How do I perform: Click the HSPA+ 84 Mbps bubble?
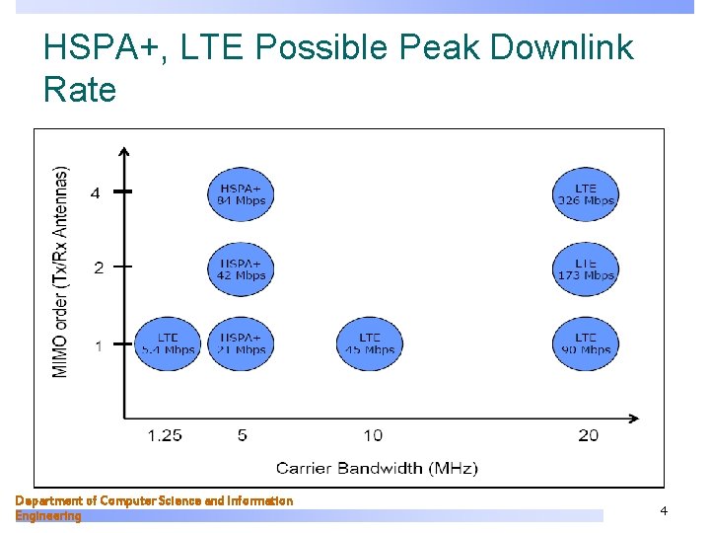click(242, 194)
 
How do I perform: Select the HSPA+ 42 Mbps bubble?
click(242, 269)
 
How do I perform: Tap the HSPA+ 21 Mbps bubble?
click(242, 343)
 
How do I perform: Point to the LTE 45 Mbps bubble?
click(370, 343)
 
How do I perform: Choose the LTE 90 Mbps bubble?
click(586, 343)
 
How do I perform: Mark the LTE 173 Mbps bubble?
click(586, 269)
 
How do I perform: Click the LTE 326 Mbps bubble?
click(586, 194)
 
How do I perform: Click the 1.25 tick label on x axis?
click(165, 435)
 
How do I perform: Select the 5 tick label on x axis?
click(243, 435)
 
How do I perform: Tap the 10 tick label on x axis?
click(372, 435)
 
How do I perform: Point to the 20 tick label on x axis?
click(588, 435)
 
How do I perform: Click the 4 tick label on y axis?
click(95, 193)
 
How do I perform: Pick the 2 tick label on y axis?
click(98, 267)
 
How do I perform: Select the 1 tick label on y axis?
click(98, 345)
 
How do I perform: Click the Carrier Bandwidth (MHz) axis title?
click(376, 468)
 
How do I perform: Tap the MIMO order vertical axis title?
click(61, 270)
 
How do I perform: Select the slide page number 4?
click(664, 510)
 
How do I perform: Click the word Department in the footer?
click(49, 500)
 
